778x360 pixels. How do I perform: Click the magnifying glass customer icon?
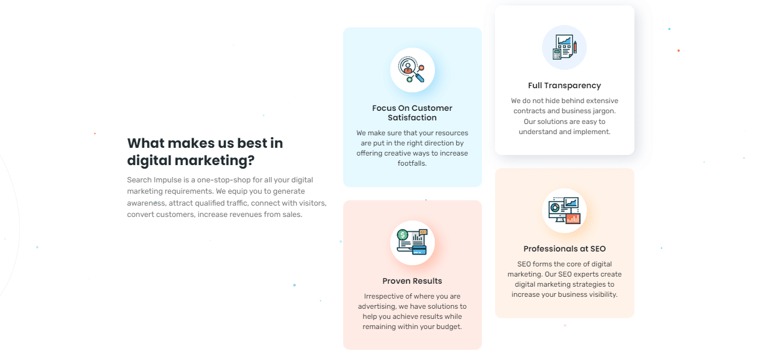point(412,70)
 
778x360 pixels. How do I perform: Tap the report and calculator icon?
point(564,47)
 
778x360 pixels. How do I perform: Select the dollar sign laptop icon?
point(412,242)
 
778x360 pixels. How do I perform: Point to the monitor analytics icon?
point(564,210)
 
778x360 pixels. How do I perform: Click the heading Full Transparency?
point(564,85)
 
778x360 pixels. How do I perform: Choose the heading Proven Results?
point(412,281)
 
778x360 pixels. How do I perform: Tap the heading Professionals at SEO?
point(564,249)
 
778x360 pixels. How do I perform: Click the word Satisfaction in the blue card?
point(412,118)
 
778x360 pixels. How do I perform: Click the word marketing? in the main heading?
point(214,160)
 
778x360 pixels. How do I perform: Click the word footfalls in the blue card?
point(411,163)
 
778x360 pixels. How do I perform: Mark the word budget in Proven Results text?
point(449,327)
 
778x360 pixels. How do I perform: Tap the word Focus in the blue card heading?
point(384,108)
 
